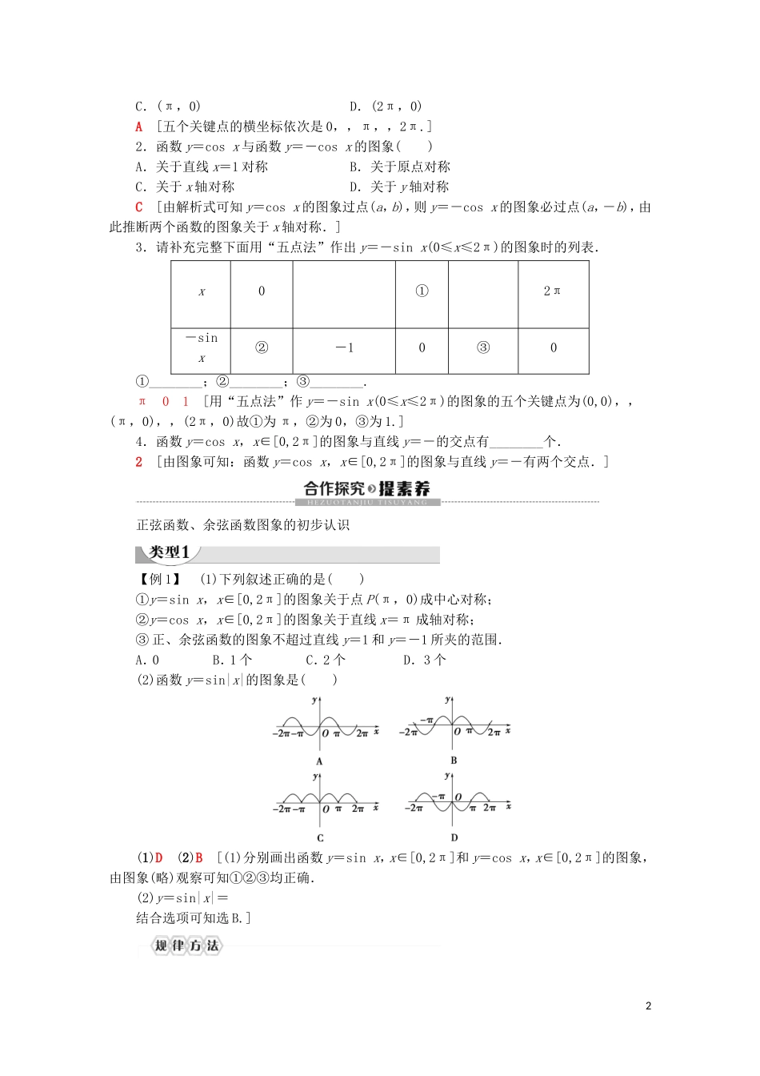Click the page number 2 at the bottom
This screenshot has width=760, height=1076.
[x=649, y=1006]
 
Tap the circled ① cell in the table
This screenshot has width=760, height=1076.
[x=422, y=291]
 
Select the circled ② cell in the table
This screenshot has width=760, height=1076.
[x=261, y=347]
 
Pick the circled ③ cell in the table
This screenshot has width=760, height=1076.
[x=482, y=347]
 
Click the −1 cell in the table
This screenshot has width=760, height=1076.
[x=344, y=347]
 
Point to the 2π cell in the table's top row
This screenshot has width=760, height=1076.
[x=553, y=291]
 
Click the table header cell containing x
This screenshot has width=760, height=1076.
[x=202, y=292]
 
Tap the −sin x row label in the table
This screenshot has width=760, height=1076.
[x=202, y=348]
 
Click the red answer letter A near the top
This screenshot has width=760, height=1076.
[x=139, y=126]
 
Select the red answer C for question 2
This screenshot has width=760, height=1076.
[x=139, y=207]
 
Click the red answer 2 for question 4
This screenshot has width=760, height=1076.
[x=139, y=461]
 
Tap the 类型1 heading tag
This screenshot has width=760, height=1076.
[x=169, y=553]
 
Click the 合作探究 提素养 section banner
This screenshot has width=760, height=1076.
[x=368, y=489]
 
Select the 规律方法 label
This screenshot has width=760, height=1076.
[x=186, y=946]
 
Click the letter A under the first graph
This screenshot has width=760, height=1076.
[x=319, y=761]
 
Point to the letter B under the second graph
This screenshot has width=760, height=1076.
[x=454, y=761]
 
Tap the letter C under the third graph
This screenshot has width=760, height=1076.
[x=319, y=838]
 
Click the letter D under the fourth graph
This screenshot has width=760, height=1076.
[x=454, y=838]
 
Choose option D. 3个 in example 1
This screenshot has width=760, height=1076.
[x=425, y=660]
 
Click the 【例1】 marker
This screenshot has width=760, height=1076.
[x=159, y=579]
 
